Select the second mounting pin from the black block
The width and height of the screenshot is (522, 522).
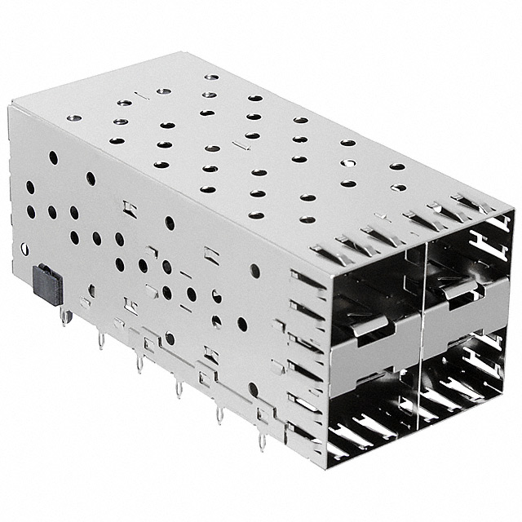101,338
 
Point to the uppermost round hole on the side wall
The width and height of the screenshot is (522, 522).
53,157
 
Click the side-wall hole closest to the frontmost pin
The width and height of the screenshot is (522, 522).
254,390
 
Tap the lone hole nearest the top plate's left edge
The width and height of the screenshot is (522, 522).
72,118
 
